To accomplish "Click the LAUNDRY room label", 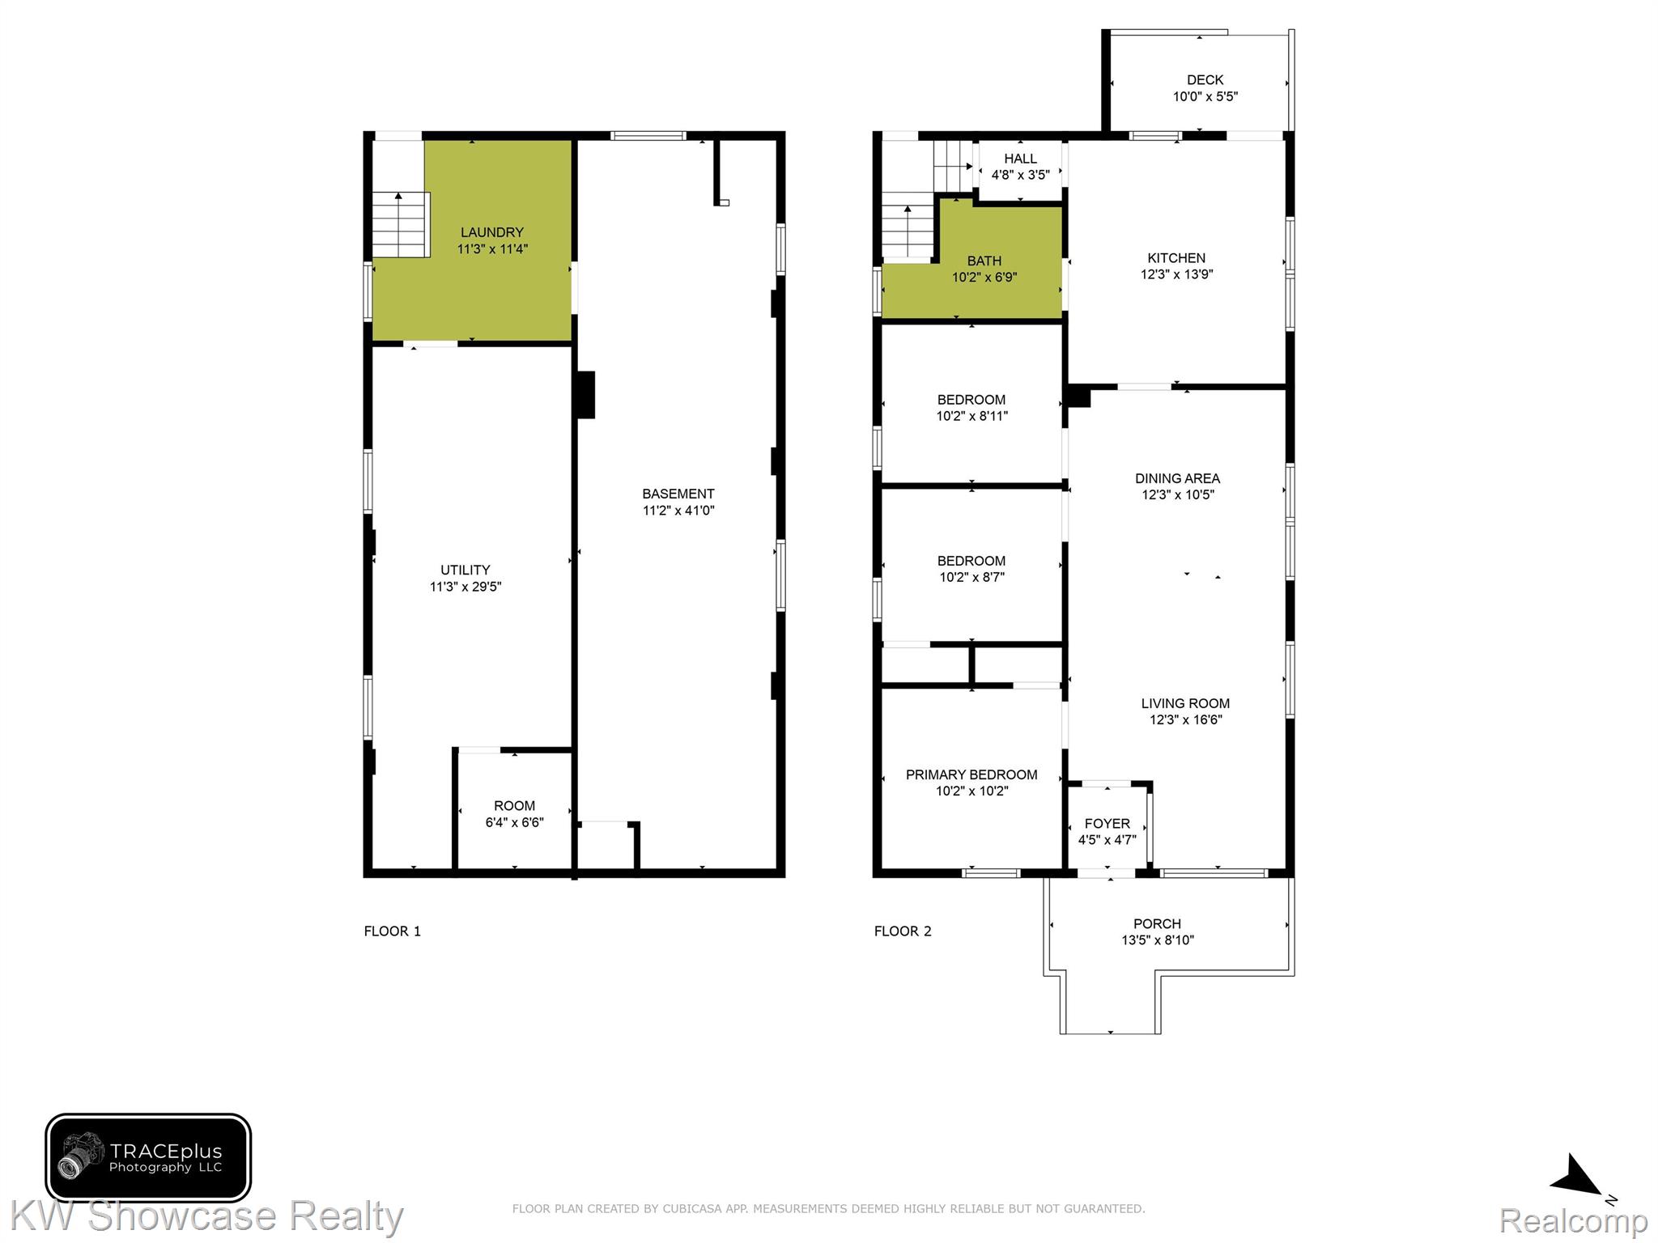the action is tap(492, 232).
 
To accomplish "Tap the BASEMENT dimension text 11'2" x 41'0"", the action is tap(678, 511).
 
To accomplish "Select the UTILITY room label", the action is tap(466, 571).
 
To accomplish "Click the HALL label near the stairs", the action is tap(1020, 159).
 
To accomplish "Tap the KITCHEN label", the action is tap(1176, 258).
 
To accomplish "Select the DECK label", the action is tap(1205, 80).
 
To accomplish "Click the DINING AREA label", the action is tap(1177, 478).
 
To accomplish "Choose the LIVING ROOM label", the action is tap(1185, 704).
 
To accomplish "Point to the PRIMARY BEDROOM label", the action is tap(971, 775).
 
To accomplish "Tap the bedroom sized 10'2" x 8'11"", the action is tap(971, 405).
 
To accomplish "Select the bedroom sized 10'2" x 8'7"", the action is tap(971, 566).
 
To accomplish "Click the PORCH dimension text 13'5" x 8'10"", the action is tap(1158, 940).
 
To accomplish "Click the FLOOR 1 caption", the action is tap(393, 931).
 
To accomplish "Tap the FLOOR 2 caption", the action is tap(903, 931).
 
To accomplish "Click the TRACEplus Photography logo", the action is tap(148, 1157).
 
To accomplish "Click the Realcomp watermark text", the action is tap(1574, 1221).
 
